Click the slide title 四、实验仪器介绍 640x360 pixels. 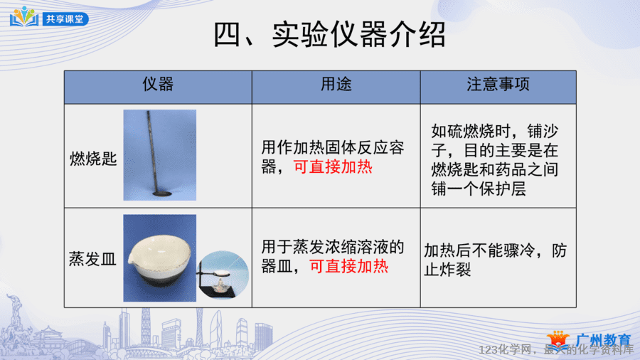[x=329, y=34]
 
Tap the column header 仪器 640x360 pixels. [x=158, y=84]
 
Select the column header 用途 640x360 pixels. [x=336, y=84]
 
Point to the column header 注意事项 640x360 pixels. [x=498, y=84]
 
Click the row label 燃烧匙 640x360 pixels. [x=93, y=159]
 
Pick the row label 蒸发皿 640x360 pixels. [x=92, y=259]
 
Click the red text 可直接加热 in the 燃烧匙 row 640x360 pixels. [x=333, y=167]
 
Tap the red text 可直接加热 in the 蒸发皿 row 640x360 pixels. [x=349, y=267]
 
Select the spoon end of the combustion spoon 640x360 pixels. [x=162, y=194]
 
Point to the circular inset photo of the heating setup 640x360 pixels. [x=223, y=275]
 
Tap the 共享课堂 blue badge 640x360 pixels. [x=65, y=18]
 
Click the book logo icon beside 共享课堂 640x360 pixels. [x=24, y=17]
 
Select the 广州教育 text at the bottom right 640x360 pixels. [x=604, y=340]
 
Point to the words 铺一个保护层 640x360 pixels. [x=479, y=189]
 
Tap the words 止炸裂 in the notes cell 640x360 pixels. [x=447, y=270]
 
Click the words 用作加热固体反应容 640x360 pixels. [x=333, y=148]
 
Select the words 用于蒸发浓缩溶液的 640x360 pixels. [x=333, y=247]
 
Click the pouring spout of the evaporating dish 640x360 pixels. [x=131, y=260]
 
